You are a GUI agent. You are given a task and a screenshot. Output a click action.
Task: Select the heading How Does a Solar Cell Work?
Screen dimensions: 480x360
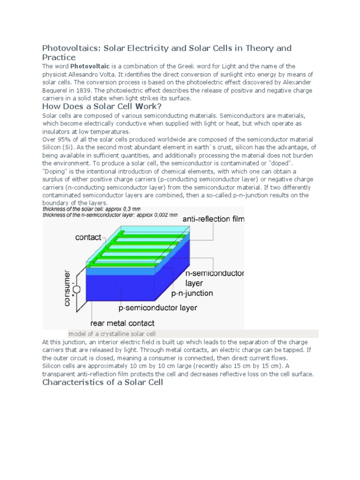[x=102, y=106]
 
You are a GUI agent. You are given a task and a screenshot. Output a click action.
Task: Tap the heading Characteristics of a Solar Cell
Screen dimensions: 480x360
[x=103, y=382]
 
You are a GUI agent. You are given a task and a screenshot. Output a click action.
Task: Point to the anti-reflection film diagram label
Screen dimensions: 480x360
[x=213, y=219]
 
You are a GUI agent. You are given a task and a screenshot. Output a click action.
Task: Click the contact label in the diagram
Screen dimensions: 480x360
[x=88, y=237]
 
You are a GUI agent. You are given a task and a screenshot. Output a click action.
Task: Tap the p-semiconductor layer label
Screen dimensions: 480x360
[x=157, y=308]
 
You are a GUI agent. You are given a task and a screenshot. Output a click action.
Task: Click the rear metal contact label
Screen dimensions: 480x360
[x=122, y=323]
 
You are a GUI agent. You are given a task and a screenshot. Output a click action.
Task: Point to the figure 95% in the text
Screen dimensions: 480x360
[x=65, y=139]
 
